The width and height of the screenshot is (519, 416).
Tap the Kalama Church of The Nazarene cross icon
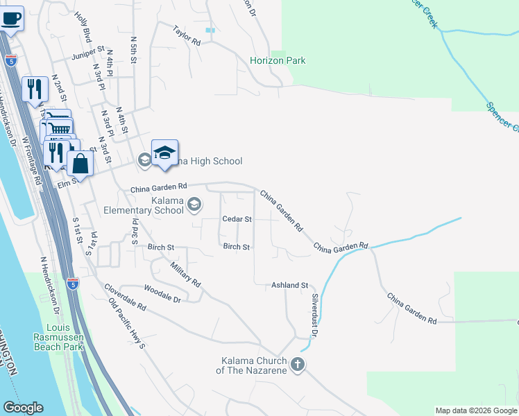click(x=298, y=365)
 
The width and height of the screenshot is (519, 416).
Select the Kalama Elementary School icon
click(x=194, y=204)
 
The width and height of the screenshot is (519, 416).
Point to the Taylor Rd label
click(x=187, y=36)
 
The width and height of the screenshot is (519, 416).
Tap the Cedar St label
click(x=236, y=219)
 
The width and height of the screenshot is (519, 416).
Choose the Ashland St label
click(x=289, y=285)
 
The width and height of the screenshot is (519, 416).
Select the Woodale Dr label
click(x=162, y=293)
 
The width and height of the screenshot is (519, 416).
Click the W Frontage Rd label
click(x=32, y=159)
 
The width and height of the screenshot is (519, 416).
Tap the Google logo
click(x=22, y=408)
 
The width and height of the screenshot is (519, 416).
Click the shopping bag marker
click(x=80, y=164)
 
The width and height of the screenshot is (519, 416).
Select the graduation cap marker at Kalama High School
click(x=164, y=153)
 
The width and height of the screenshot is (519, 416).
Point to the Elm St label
click(x=67, y=184)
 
